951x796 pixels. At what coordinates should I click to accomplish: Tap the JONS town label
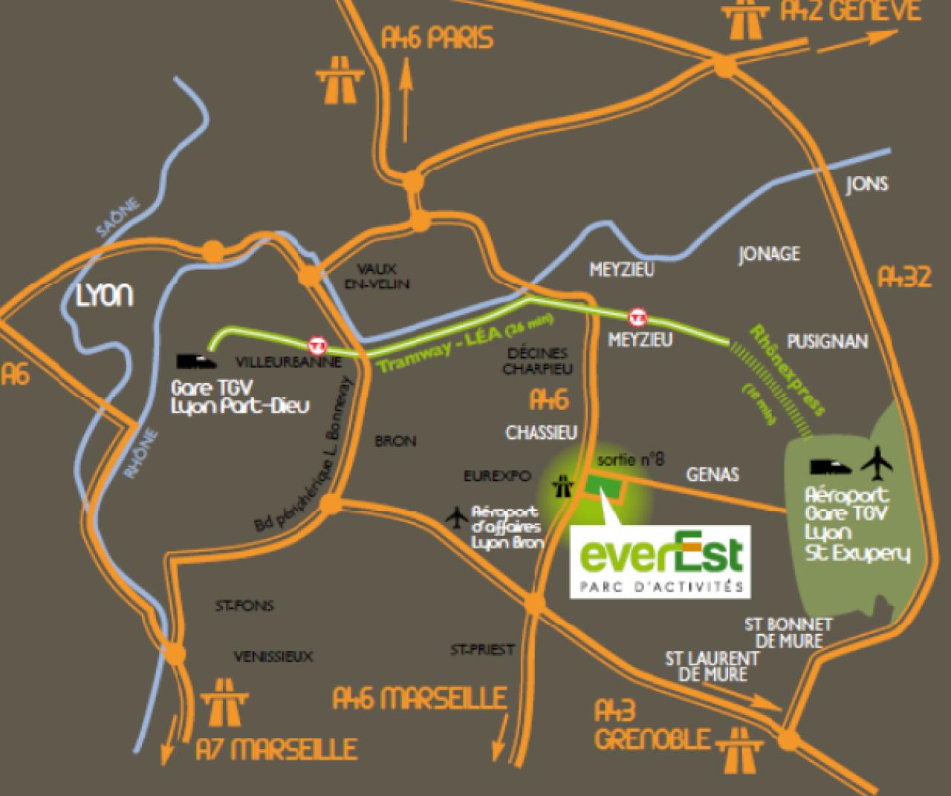coord(866,184)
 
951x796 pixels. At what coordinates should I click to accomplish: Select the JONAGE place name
coord(769,254)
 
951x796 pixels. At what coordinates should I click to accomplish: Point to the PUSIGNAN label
coord(827,341)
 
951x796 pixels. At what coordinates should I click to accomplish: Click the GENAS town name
coord(712,474)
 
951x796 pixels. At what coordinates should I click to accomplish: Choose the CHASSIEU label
coord(541,432)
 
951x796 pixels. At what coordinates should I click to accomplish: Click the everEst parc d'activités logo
coord(660,560)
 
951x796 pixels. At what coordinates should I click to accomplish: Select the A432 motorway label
coord(904,278)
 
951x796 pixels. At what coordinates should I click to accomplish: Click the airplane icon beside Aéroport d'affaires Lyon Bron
coord(458,515)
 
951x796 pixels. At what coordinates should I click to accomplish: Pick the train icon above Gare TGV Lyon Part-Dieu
coord(197,362)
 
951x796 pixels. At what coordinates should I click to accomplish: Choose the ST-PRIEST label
coord(481,650)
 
